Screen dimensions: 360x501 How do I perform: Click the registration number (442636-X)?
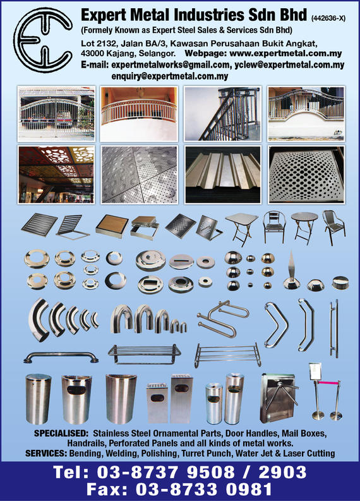click(328, 18)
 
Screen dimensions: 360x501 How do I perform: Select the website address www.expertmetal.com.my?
click(285, 53)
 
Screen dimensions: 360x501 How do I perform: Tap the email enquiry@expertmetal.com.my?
click(170, 76)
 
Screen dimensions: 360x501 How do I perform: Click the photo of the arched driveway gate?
click(56, 114)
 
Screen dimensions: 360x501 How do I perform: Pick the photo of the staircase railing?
click(222, 114)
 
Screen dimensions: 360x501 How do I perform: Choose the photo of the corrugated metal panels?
click(223, 174)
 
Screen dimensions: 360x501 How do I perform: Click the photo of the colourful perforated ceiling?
click(56, 174)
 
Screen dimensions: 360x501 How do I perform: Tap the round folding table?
click(304, 227)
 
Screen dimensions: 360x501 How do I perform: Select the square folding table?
click(241, 229)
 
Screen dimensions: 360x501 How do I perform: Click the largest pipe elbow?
click(39, 320)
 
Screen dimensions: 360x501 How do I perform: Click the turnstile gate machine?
click(279, 398)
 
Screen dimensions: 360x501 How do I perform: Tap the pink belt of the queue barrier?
click(328, 382)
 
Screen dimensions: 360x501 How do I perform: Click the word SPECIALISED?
click(61, 433)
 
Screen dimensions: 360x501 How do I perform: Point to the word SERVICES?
click(46, 454)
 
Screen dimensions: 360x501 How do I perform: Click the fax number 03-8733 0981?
click(204, 489)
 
